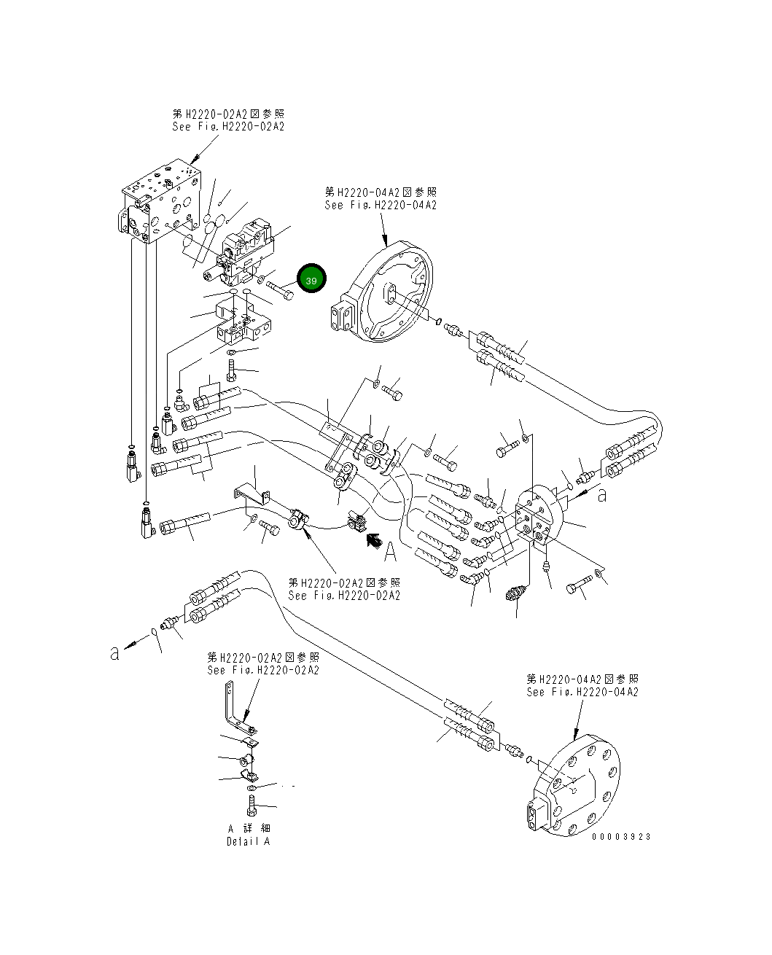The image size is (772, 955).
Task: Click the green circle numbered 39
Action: (311, 280)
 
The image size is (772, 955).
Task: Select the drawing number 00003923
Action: (621, 837)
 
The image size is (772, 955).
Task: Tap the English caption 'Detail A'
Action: (248, 841)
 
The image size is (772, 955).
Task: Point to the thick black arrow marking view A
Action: (373, 539)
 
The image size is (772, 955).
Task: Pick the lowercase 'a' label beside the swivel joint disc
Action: (602, 496)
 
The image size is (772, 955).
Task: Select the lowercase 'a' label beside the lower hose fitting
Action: (114, 652)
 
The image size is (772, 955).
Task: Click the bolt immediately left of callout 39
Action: (281, 289)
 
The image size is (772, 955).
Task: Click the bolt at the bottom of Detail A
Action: (251, 806)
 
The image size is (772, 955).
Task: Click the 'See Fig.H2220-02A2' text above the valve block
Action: (228, 126)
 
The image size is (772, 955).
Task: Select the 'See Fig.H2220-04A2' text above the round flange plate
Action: (582, 692)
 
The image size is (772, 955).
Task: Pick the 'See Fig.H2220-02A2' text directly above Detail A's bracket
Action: (263, 670)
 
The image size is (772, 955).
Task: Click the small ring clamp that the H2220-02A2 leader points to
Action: (299, 521)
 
